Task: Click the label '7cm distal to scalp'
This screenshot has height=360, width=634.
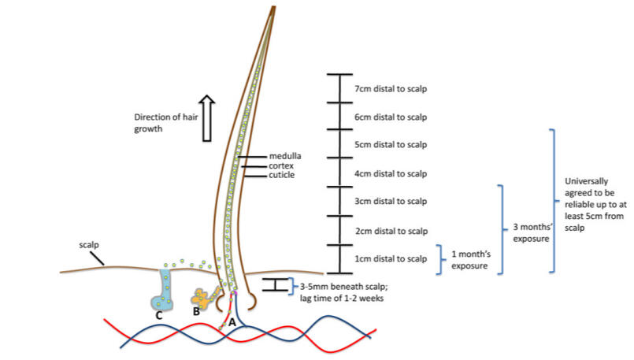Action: click(391, 89)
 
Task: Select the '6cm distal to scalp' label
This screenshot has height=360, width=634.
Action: click(391, 117)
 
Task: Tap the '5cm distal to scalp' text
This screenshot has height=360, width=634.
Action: click(391, 145)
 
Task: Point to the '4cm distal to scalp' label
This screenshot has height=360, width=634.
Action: click(391, 173)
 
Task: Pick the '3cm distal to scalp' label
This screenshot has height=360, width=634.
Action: click(391, 202)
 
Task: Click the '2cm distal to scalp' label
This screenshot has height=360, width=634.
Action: click(391, 231)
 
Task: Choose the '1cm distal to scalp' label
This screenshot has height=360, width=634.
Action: click(391, 258)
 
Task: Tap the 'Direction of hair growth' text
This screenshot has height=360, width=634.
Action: click(161, 124)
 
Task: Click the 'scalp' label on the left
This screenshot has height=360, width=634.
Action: click(89, 244)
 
